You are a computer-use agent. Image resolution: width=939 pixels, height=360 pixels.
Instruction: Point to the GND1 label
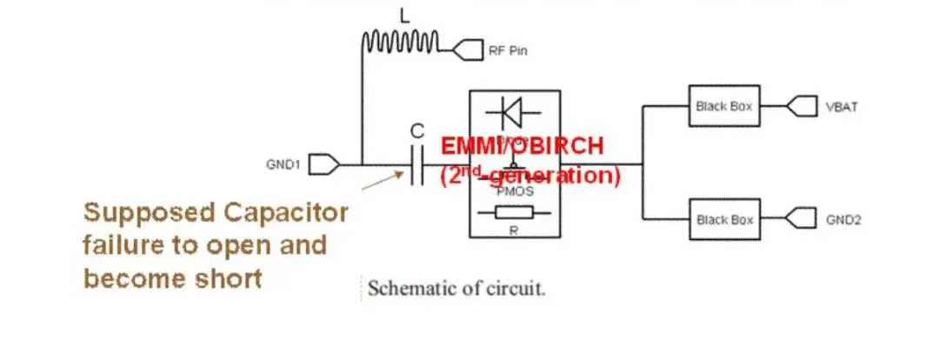click(x=283, y=163)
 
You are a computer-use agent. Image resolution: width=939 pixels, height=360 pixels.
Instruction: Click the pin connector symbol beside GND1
click(x=323, y=163)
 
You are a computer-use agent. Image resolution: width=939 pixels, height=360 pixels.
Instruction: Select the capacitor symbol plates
click(x=416, y=163)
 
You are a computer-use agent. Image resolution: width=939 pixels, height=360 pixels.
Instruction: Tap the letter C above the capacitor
click(x=417, y=131)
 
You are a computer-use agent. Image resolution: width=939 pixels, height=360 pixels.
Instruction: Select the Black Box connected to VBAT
click(x=724, y=106)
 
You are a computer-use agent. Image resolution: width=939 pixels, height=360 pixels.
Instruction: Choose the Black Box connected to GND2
click(x=724, y=219)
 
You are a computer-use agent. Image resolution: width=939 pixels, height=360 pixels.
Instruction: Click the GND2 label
click(x=842, y=220)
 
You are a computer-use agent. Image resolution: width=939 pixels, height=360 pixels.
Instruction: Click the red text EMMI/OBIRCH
click(x=521, y=145)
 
